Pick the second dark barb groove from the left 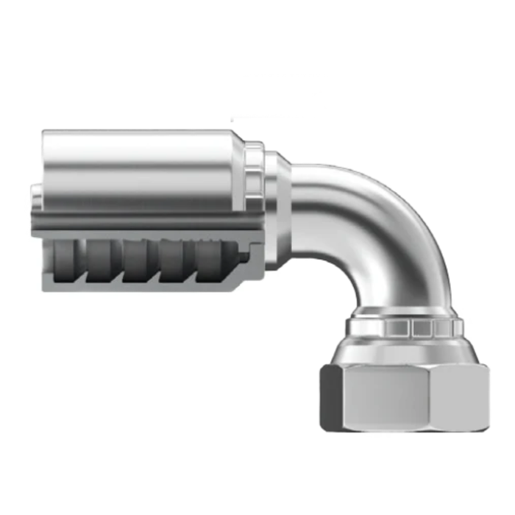(x=102, y=261)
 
